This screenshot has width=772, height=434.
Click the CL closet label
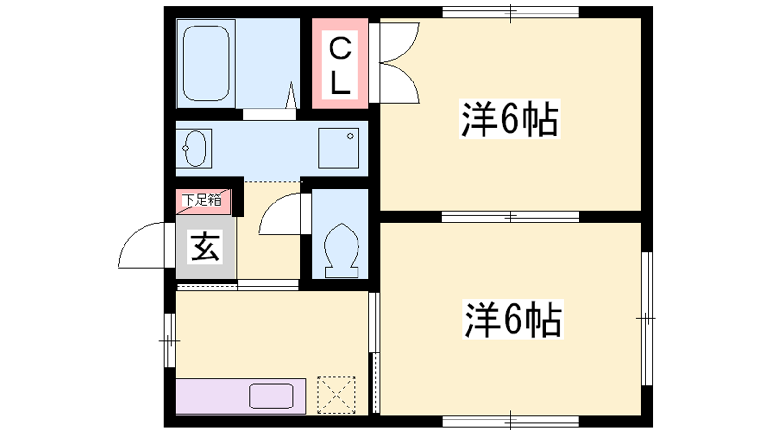[340, 65]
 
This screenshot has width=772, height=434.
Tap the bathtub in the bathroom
[206, 63]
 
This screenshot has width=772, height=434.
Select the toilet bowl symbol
[342, 250]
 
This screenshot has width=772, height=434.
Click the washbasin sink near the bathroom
[195, 149]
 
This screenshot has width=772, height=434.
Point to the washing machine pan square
[339, 149]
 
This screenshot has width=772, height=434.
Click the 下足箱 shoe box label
[202, 200]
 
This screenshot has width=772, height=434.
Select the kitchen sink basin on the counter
[272, 396]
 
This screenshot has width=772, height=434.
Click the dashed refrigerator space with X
[336, 395]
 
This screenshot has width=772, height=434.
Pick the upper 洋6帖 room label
[510, 119]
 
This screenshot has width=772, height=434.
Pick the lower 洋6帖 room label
[513, 319]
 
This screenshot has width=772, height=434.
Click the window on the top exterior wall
[510, 12]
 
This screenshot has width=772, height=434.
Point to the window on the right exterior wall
[647, 318]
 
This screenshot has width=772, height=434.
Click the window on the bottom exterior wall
[510, 421]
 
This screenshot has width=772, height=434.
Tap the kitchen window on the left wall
[169, 340]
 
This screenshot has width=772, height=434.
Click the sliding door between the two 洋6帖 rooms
[510, 217]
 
